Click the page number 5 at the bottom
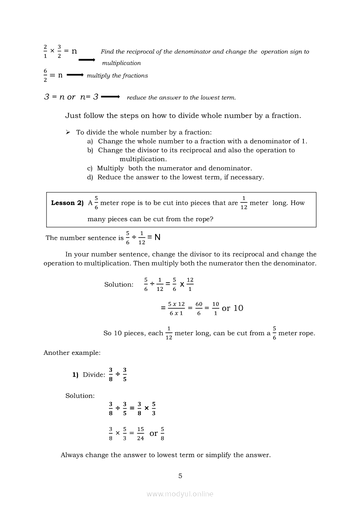tap(180, 476)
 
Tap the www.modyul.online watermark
tap(180, 494)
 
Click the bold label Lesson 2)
tap(67, 203)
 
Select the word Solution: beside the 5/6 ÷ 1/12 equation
tap(119, 284)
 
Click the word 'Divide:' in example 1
tap(94, 374)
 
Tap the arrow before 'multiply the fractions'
tap(75, 75)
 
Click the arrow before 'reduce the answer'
tap(110, 97)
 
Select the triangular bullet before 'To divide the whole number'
tap(68, 132)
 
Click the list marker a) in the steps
tap(90, 141)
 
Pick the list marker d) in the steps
tap(90, 177)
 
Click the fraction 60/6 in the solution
tap(199, 308)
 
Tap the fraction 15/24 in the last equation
tap(140, 434)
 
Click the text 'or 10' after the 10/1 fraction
tap(233, 308)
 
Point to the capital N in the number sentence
tap(157, 238)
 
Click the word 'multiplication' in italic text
tap(122, 63)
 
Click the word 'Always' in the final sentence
tap(71, 455)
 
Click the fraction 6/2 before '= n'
tap(45, 75)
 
